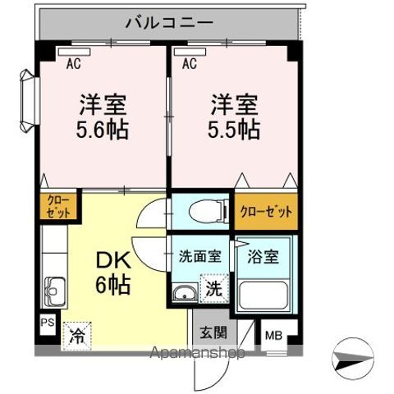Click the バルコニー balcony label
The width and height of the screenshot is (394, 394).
(169, 21)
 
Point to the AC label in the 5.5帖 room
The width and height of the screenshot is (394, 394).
(190, 62)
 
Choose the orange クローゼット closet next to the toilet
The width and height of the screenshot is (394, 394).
(265, 211)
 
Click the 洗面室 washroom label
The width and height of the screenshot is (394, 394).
(199, 255)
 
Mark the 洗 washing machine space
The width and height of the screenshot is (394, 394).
(213, 289)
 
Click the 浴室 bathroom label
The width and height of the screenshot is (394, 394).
(263, 255)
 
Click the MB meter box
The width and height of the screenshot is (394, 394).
(272, 336)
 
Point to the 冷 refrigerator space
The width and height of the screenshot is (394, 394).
(76, 334)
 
